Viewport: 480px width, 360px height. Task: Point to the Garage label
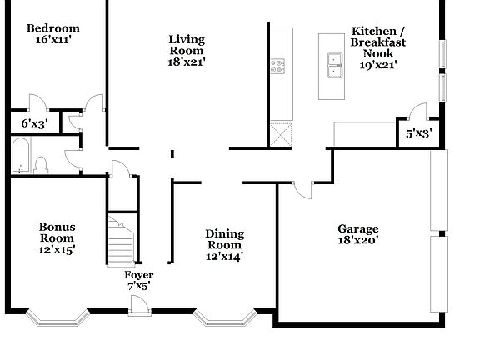point(357,228)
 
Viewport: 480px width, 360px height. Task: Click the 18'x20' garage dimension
point(357,241)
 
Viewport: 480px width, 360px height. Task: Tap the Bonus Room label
point(57,232)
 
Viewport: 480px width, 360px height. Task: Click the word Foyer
point(138,275)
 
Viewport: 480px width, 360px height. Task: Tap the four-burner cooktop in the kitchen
point(278,65)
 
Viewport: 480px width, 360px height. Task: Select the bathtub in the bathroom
point(20,156)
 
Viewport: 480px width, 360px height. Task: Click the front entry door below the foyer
point(139,313)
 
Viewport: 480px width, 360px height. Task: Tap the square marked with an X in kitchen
point(281,134)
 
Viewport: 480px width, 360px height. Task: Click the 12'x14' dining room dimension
point(224,257)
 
